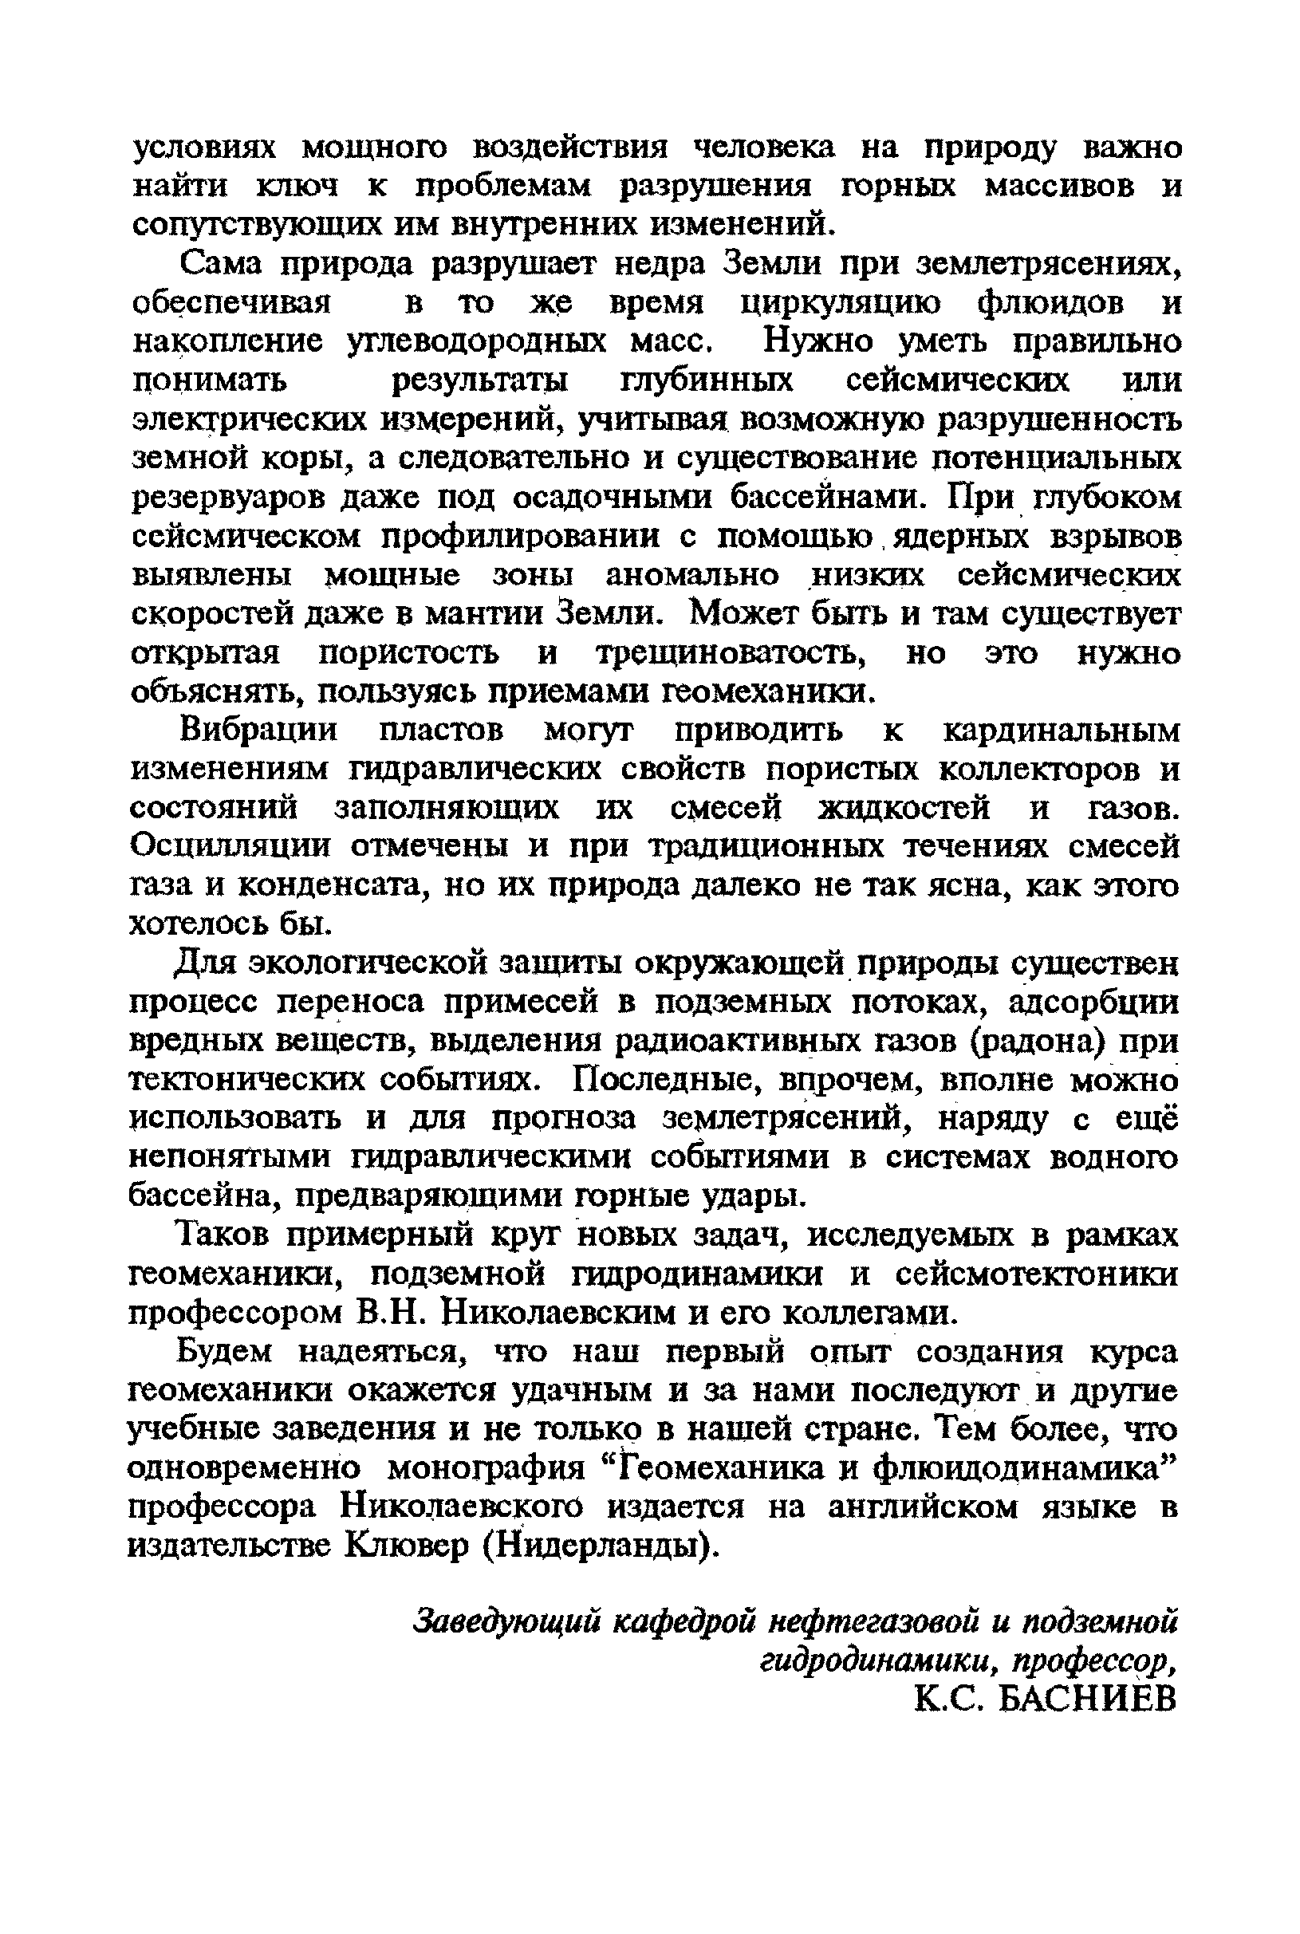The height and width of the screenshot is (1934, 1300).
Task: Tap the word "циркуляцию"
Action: [x=841, y=303]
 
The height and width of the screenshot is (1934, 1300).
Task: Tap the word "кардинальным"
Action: [x=1062, y=731]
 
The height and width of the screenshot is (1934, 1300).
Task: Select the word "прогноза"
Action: [x=564, y=1119]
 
